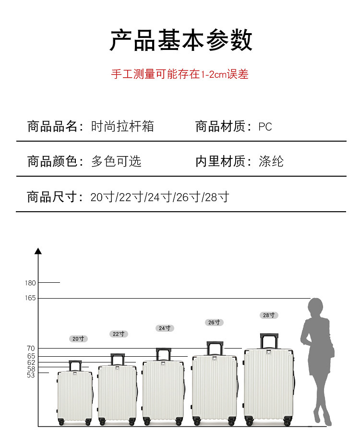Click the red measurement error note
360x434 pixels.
180,74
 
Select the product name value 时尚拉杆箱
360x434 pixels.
122,127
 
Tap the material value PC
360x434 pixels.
265,127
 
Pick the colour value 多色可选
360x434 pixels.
116,161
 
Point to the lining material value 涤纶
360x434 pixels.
271,161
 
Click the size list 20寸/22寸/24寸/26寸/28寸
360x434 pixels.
160,197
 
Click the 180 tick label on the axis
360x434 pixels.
30,283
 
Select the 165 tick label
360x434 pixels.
30,298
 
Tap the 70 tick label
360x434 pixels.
31,348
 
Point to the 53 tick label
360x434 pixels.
31,375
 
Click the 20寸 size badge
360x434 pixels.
78,338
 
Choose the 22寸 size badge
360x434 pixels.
119,334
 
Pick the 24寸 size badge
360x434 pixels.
165,328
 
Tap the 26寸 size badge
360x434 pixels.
214,322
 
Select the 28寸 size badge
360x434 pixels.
269,315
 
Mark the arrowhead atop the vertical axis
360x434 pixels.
38,251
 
